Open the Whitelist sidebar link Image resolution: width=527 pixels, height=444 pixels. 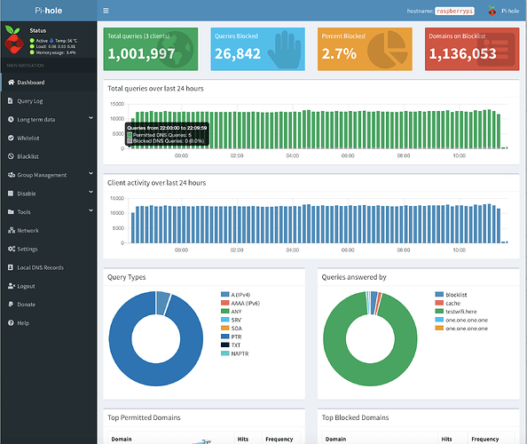coord(29,138)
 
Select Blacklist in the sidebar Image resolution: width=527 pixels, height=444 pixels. coord(28,156)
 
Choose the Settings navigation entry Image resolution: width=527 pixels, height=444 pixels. coord(28,249)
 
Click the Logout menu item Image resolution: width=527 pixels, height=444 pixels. coord(27,286)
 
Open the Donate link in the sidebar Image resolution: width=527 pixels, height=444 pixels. coord(27,305)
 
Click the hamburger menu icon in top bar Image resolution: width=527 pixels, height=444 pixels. coord(106,11)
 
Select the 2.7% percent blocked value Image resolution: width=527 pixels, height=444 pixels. coord(340,54)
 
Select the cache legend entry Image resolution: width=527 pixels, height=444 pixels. coord(452,304)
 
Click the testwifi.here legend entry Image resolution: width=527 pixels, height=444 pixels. coord(461,312)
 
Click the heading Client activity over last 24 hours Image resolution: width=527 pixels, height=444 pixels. coord(156,182)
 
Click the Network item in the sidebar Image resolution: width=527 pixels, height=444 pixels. coord(28,230)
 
